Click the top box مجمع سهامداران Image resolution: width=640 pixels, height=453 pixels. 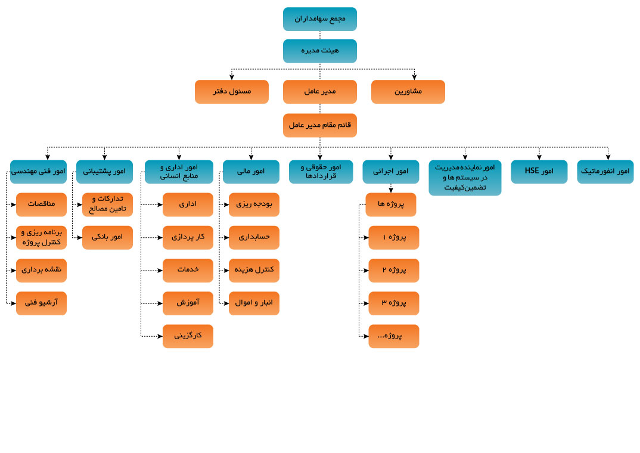(x=319, y=19)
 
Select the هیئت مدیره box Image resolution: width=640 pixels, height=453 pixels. (x=319, y=51)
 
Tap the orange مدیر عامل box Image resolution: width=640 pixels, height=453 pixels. (x=319, y=92)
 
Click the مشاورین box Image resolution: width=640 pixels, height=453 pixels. (x=408, y=92)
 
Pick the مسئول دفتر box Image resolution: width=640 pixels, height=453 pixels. (x=231, y=92)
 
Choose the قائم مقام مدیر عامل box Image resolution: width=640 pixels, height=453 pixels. (x=319, y=126)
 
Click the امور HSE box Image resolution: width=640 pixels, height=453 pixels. (x=539, y=172)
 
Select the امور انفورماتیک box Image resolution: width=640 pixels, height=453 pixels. (x=605, y=172)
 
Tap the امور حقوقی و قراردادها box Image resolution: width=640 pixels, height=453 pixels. (x=321, y=172)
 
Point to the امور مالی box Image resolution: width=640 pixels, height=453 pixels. (x=251, y=172)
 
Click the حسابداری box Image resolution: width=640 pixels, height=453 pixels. (x=254, y=237)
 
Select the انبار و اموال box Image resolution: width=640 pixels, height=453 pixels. (x=254, y=303)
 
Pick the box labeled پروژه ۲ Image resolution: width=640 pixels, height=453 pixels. (x=393, y=271)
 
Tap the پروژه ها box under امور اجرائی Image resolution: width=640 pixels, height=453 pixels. (x=390, y=204)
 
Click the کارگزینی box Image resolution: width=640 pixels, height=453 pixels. (x=188, y=336)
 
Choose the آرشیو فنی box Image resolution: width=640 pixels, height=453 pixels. (x=41, y=303)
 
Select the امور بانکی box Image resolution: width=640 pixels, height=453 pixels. (x=107, y=237)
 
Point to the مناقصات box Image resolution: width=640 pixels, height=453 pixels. (x=41, y=204)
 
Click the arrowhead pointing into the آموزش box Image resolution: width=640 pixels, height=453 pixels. (x=160, y=303)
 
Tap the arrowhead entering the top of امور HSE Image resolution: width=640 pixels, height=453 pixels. (x=539, y=157)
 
